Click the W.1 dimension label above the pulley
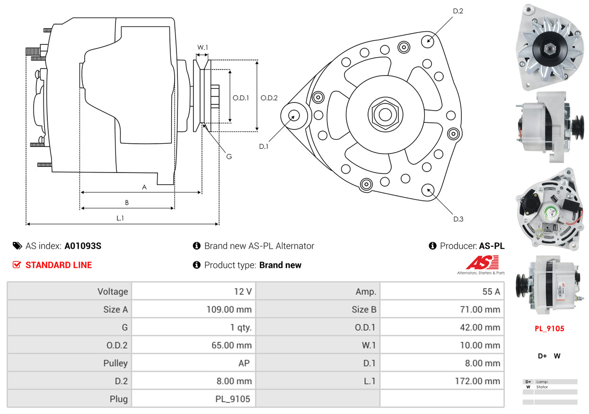(202, 47)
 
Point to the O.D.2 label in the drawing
(269, 98)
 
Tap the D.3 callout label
(458, 219)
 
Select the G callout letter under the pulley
(229, 156)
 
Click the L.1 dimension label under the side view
(120, 218)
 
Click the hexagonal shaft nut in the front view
(385, 115)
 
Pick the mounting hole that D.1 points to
(294, 116)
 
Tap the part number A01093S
(83, 246)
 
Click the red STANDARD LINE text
(59, 265)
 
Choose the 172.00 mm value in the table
(477, 381)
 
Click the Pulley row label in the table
(115, 363)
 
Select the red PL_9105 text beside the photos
(549, 328)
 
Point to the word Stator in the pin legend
(542, 387)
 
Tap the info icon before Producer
(432, 246)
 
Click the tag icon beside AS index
(18, 246)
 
